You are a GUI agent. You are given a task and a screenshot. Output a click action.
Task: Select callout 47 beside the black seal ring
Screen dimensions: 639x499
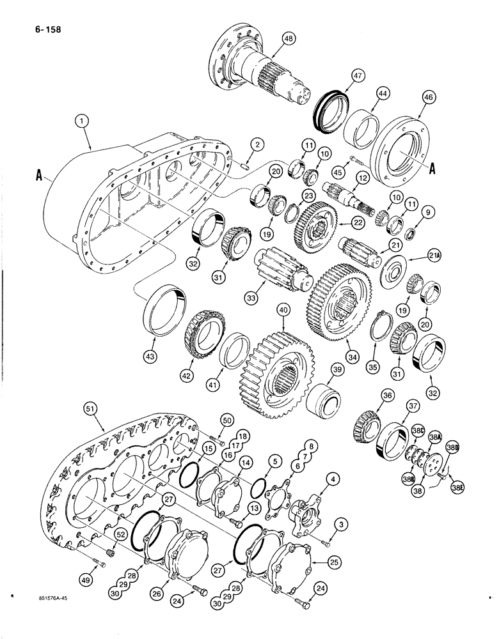354,75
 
